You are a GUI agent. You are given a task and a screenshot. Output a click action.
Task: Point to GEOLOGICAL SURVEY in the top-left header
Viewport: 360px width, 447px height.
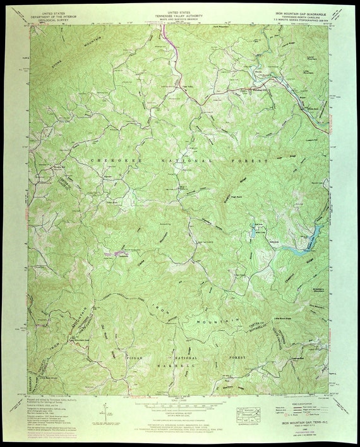(54, 20)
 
